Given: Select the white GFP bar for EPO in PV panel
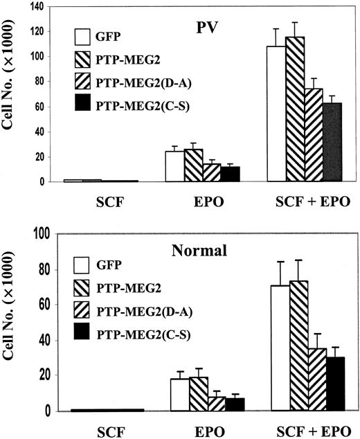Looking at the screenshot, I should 173,167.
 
